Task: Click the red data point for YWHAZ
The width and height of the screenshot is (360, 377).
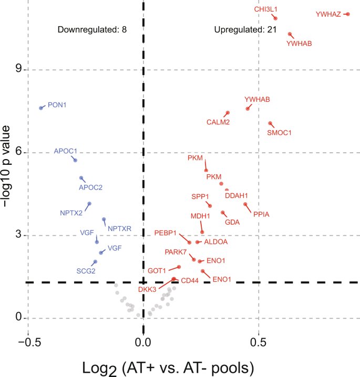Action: [x=347, y=14]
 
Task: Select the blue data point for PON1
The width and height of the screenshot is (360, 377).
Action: [x=41, y=108]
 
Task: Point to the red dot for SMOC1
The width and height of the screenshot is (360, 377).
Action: [x=270, y=124]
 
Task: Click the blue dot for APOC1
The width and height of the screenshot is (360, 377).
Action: [x=75, y=160]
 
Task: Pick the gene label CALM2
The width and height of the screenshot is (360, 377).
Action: [x=218, y=122]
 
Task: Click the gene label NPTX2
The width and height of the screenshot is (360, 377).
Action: [x=71, y=213]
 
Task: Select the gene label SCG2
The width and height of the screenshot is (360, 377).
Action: [x=86, y=271]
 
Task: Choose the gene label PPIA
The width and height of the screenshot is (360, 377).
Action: [x=262, y=214]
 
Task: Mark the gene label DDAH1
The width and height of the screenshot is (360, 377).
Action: [x=236, y=195]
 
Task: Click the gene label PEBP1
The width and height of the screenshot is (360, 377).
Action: [x=165, y=232]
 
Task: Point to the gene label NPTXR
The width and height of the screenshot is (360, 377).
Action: [x=119, y=228]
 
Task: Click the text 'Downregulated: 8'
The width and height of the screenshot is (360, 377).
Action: [x=92, y=29]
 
